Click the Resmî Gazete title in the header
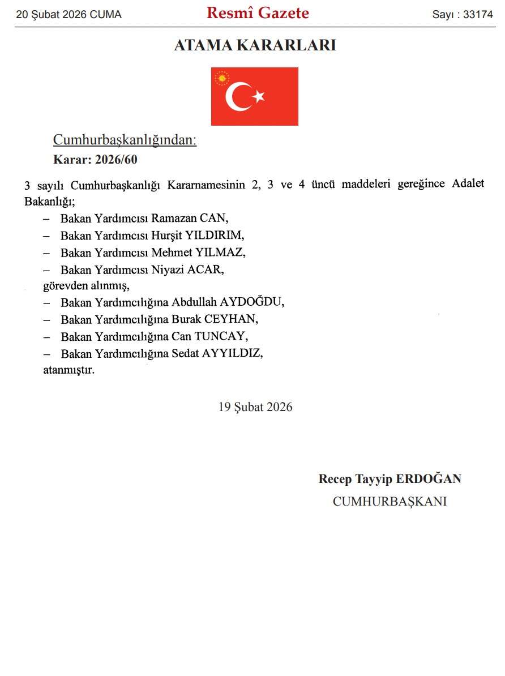pyautogui.click(x=258, y=13)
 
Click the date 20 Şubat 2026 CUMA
pyautogui.click(x=69, y=15)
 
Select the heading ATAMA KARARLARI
pyautogui.click(x=255, y=45)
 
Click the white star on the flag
pyautogui.click(x=259, y=97)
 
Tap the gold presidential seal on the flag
pyautogui.click(x=222, y=78)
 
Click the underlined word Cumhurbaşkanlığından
pyautogui.click(x=125, y=140)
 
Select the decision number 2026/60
pyautogui.click(x=116, y=160)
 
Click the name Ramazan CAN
pyautogui.click(x=189, y=218)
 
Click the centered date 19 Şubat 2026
pyautogui.click(x=255, y=407)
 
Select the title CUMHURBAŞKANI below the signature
pyautogui.click(x=390, y=502)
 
